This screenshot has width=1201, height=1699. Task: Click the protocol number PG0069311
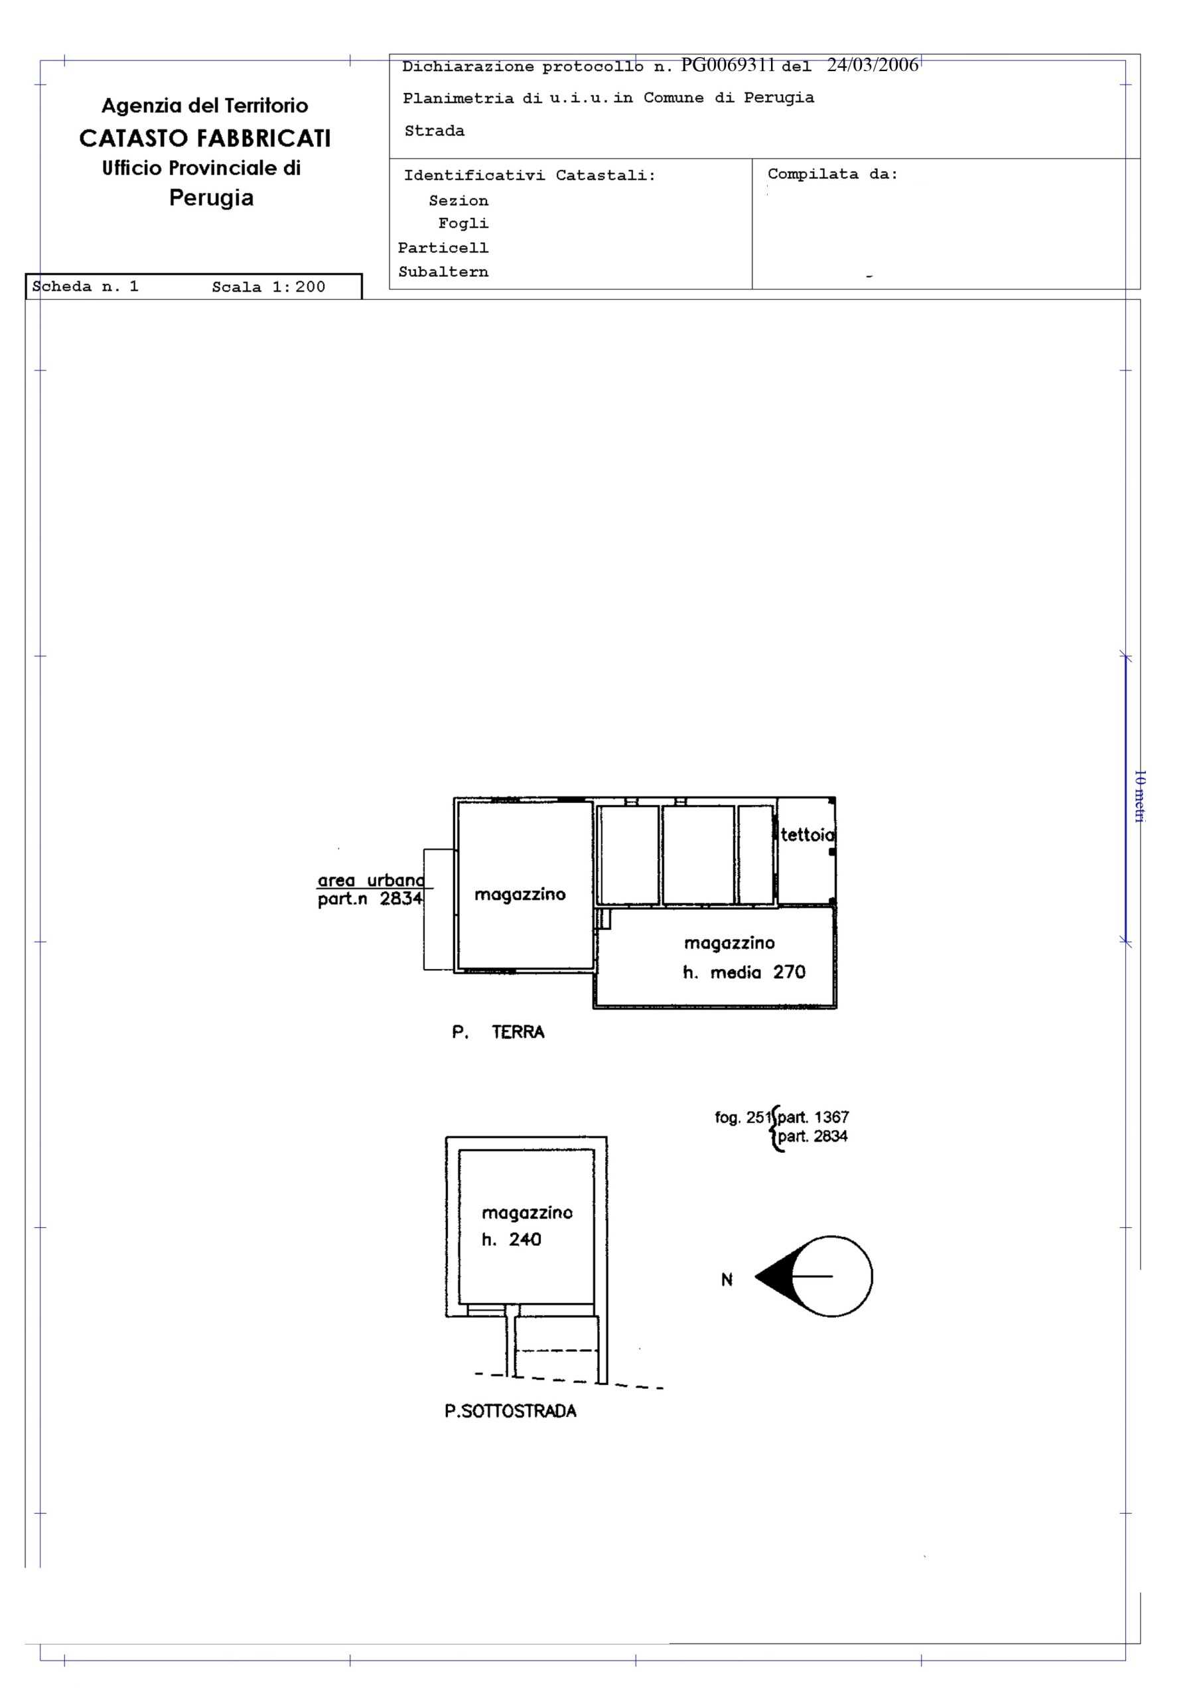pyautogui.click(x=727, y=65)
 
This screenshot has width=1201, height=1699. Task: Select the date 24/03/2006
pyautogui.click(x=873, y=65)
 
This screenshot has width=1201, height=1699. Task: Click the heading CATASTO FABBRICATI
pyautogui.click(x=205, y=139)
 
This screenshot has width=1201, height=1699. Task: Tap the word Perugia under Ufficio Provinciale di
pyautogui.click(x=212, y=198)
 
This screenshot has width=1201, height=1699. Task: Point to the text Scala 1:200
pyautogui.click(x=269, y=287)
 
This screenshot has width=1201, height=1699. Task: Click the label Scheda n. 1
pyautogui.click(x=86, y=286)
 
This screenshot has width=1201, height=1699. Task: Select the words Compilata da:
pyautogui.click(x=833, y=175)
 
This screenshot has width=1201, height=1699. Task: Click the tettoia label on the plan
pyautogui.click(x=808, y=835)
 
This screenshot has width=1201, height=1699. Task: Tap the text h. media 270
pyautogui.click(x=744, y=972)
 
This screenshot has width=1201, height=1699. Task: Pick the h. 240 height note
pyautogui.click(x=512, y=1240)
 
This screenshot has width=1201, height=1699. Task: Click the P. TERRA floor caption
pyautogui.click(x=498, y=1032)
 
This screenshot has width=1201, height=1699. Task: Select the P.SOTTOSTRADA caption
pyautogui.click(x=511, y=1411)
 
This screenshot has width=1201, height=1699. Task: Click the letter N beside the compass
pyautogui.click(x=727, y=1280)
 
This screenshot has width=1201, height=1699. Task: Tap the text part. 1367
pyautogui.click(x=813, y=1118)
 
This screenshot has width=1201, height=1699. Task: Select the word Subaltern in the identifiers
pyautogui.click(x=443, y=271)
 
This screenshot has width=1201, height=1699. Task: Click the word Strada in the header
pyautogui.click(x=435, y=131)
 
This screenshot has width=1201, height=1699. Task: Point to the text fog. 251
pyautogui.click(x=743, y=1118)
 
